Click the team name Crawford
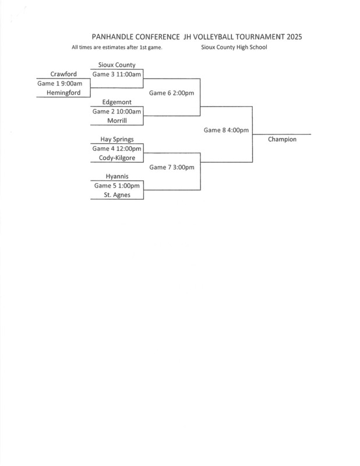pos(64,74)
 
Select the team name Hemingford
pos(64,93)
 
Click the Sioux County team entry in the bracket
pos(117,65)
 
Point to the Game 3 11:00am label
pos(117,74)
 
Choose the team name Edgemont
pos(117,102)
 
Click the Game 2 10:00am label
pos(117,111)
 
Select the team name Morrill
pos(117,121)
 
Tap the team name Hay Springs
pos(117,139)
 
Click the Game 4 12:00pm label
pos(117,149)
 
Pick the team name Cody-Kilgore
pos(117,158)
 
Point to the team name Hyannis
pos(117,176)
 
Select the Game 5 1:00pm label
pos(117,186)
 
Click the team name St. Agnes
pos(117,195)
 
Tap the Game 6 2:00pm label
pos(171,93)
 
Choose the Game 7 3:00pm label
pos(171,167)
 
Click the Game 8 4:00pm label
pos(226,130)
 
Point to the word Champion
pos(283,139)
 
